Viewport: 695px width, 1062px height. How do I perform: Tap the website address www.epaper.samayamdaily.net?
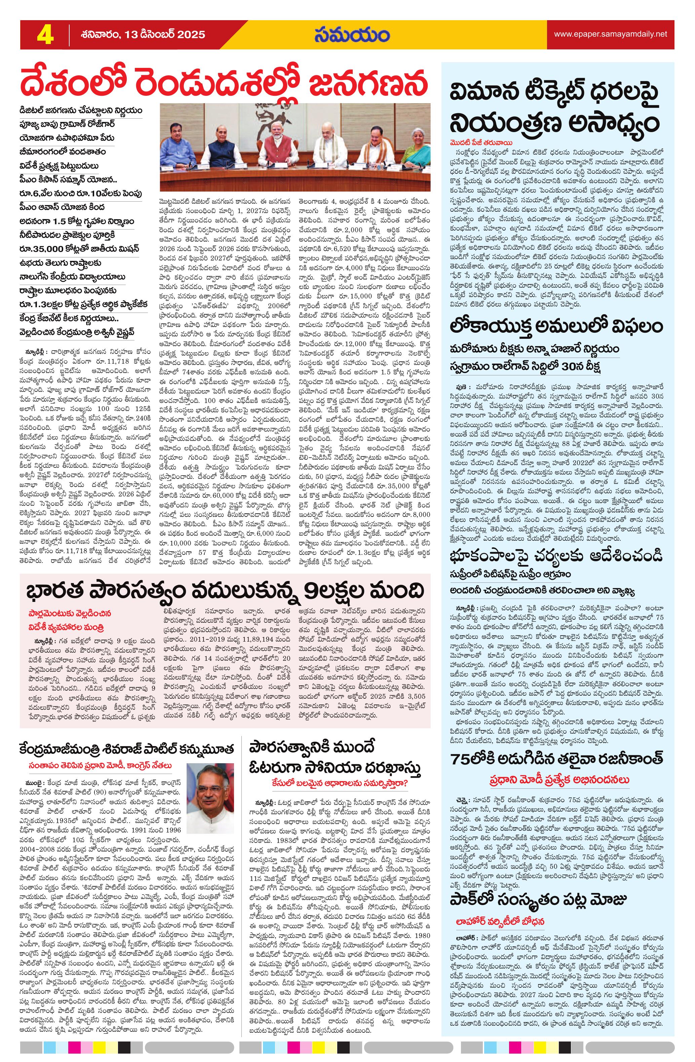point(610,34)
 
